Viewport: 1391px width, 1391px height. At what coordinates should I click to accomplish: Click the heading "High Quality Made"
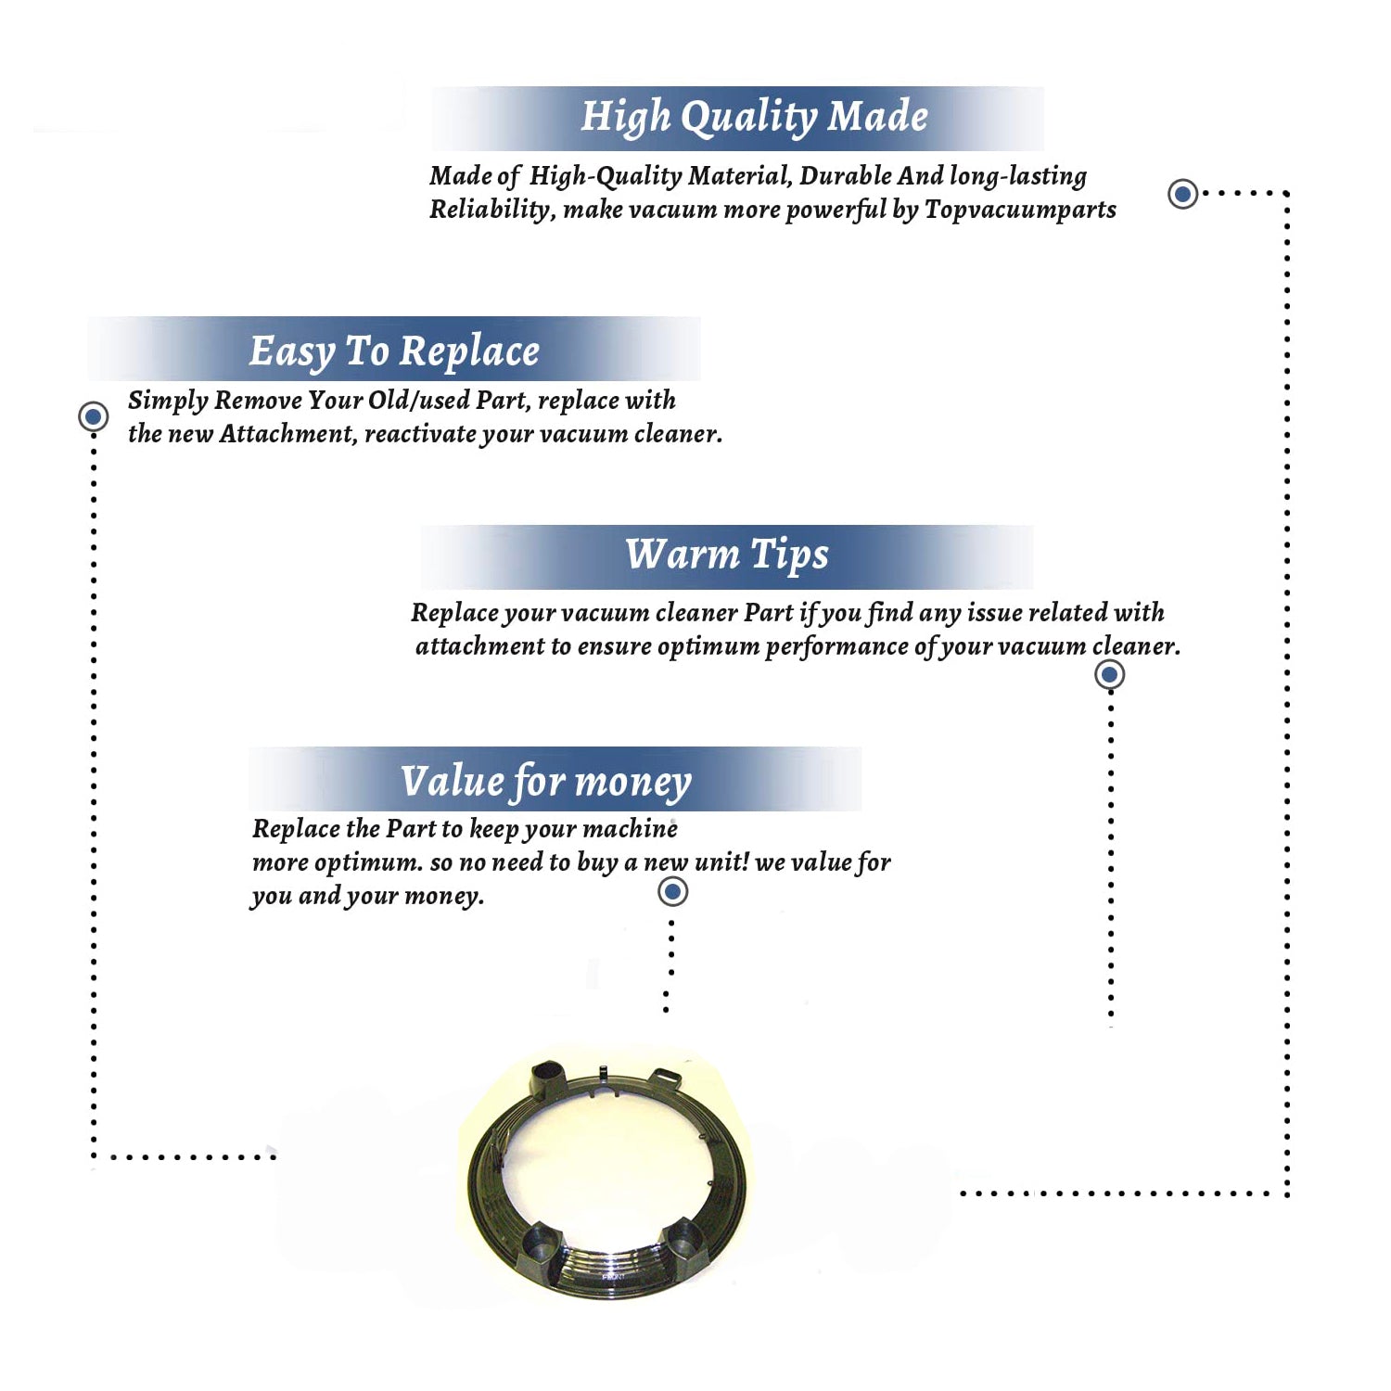[x=754, y=118]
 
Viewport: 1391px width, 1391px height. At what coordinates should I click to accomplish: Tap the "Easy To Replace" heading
[x=394, y=351]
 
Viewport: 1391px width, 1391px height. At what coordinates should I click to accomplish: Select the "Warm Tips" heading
[x=727, y=555]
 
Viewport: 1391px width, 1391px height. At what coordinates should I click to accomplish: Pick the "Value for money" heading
[x=546, y=782]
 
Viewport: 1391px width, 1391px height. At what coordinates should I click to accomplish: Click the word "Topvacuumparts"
[x=1020, y=211]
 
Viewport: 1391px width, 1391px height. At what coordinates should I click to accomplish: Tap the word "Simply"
[x=168, y=401]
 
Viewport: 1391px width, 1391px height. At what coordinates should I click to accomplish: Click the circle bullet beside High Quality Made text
[x=1182, y=194]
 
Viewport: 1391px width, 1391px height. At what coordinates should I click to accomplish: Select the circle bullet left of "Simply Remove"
[x=93, y=416]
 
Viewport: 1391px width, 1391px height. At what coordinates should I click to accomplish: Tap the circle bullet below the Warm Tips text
[x=1110, y=674]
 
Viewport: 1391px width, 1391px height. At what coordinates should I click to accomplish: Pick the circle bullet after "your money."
[x=672, y=892]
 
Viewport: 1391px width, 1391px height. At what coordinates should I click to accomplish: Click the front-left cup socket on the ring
[x=541, y=1243]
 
